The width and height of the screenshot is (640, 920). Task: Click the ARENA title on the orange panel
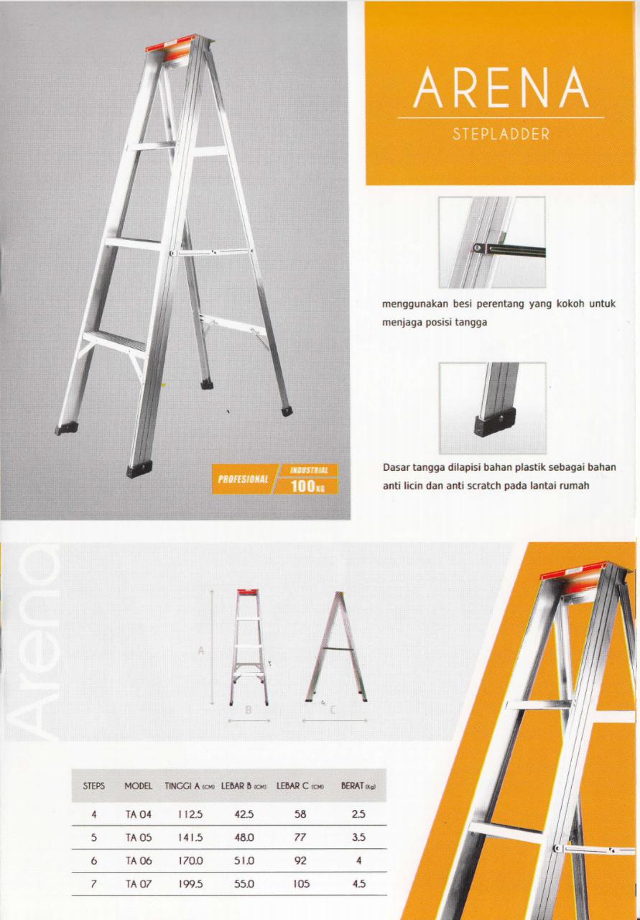(501, 88)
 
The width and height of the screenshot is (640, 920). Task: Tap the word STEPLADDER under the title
(501, 134)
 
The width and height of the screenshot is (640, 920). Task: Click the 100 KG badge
(305, 487)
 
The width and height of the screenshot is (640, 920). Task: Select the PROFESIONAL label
(243, 479)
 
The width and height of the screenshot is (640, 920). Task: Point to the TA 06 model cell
(139, 860)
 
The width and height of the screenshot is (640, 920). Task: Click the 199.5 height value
(191, 883)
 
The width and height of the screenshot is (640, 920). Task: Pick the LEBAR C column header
(300, 786)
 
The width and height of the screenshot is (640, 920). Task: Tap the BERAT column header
(358, 786)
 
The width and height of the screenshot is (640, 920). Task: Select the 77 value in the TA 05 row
(300, 837)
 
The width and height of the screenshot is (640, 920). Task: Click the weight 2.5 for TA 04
(358, 814)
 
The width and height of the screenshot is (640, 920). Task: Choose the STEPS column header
(93, 786)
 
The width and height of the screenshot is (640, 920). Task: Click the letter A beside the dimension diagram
(200, 650)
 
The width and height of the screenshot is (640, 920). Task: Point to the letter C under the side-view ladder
(333, 709)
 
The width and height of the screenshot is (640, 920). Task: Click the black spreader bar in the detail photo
(509, 249)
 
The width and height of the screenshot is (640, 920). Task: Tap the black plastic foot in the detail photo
(495, 428)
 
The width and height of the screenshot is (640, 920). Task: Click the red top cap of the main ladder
(180, 47)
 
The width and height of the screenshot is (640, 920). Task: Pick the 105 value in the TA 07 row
(301, 883)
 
